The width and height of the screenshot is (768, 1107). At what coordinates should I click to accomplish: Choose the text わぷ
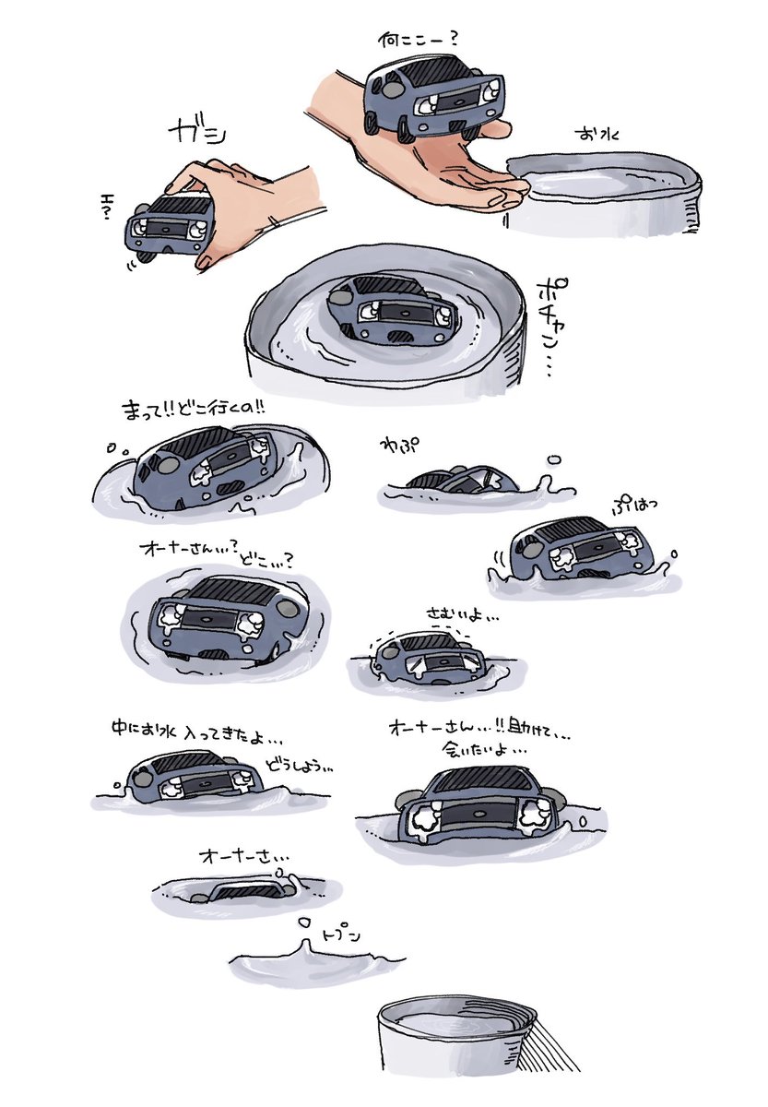click(x=396, y=445)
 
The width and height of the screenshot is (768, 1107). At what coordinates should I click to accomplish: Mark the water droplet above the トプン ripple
click(x=301, y=922)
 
